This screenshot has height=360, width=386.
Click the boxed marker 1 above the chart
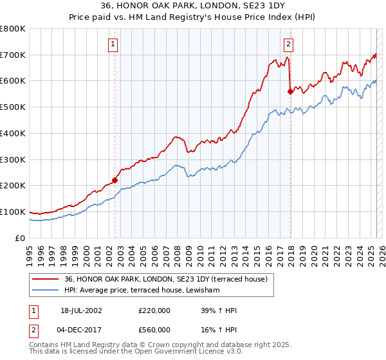point(113,44)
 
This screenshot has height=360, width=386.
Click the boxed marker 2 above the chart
point(288,44)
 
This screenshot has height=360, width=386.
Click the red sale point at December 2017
point(290,92)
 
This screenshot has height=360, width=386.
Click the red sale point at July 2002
point(115,181)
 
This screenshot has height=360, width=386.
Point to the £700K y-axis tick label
point(13,55)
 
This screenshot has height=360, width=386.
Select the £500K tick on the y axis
point(13,107)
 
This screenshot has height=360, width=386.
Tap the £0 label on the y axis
point(21,238)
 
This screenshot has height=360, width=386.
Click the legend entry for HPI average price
point(142,291)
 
